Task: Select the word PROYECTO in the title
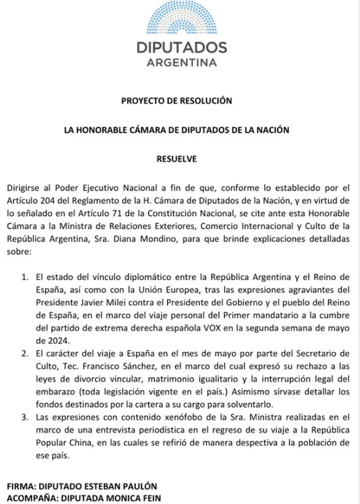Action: click(x=140, y=100)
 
